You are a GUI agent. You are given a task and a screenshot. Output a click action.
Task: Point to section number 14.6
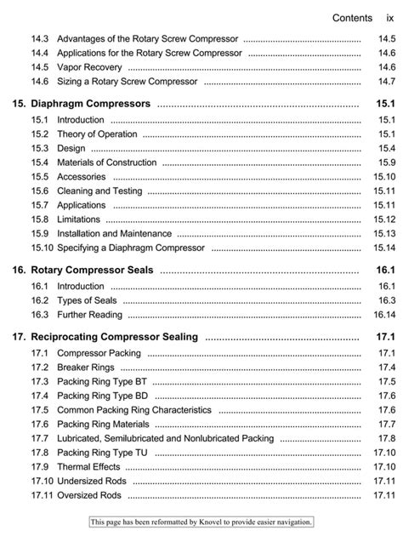point(39,81)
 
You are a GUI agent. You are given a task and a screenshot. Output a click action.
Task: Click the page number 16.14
point(382,314)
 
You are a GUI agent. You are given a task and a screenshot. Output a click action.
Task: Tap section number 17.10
point(42,481)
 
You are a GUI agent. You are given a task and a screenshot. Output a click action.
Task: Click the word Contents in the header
point(352,17)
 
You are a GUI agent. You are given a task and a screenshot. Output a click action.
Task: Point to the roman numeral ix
point(389,17)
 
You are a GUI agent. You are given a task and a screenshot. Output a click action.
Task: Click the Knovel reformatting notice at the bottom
point(201,522)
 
